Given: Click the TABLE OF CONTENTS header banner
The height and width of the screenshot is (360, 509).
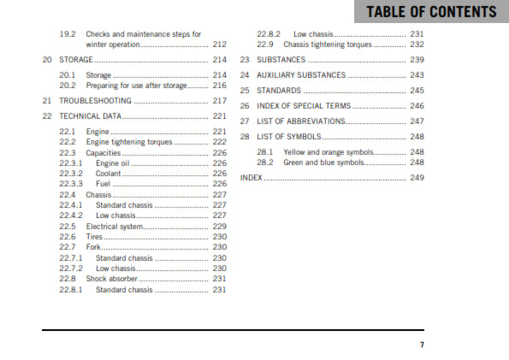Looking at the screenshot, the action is point(430,12).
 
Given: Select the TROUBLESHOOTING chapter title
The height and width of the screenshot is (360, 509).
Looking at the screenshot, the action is point(95,100).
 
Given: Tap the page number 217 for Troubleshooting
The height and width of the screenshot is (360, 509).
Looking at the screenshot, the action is point(220,100).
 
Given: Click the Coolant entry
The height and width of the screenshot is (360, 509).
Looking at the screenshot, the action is point(109,173).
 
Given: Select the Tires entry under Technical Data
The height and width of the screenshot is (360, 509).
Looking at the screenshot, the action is point(94,237).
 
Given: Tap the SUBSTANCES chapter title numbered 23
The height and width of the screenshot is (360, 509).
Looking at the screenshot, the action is point(282,60).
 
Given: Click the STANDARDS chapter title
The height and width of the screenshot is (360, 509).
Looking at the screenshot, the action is point(280,90).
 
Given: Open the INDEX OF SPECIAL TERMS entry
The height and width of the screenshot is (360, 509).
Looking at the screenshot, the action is point(305,105).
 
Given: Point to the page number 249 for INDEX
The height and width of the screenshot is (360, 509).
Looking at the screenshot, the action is point(417,178).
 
